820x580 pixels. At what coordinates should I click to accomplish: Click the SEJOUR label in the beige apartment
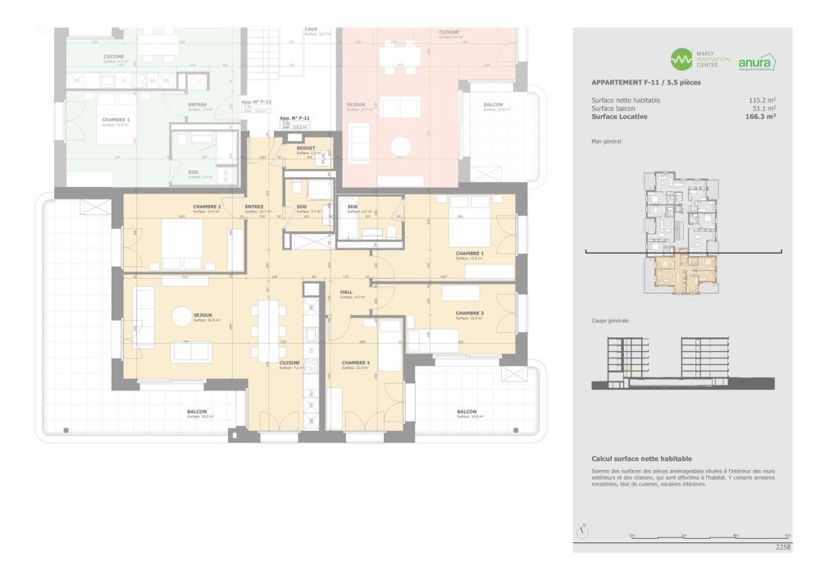[x=203, y=314]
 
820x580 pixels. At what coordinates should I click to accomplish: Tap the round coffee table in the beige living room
[x=181, y=315]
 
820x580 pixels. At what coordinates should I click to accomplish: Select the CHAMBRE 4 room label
[x=355, y=363]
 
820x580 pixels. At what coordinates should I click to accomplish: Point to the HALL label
[x=346, y=292]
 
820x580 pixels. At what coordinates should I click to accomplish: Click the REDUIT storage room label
[x=305, y=148]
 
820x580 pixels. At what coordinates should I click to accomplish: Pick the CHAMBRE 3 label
[x=470, y=313]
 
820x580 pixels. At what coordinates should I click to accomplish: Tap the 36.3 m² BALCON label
[x=197, y=411]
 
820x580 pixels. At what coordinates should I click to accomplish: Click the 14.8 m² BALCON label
[x=467, y=411]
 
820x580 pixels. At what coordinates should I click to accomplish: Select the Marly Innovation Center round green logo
[x=681, y=60]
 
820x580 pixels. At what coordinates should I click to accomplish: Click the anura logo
[x=756, y=62]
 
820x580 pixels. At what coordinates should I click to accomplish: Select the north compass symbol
[x=582, y=531]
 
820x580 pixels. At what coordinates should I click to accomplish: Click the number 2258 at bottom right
[x=782, y=546]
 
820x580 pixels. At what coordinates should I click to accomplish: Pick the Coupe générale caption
[x=610, y=321]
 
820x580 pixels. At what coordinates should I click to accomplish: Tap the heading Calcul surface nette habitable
[x=641, y=459]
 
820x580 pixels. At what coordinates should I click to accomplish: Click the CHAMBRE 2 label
[x=207, y=207]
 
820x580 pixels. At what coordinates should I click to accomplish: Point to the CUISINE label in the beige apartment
[x=289, y=362]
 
